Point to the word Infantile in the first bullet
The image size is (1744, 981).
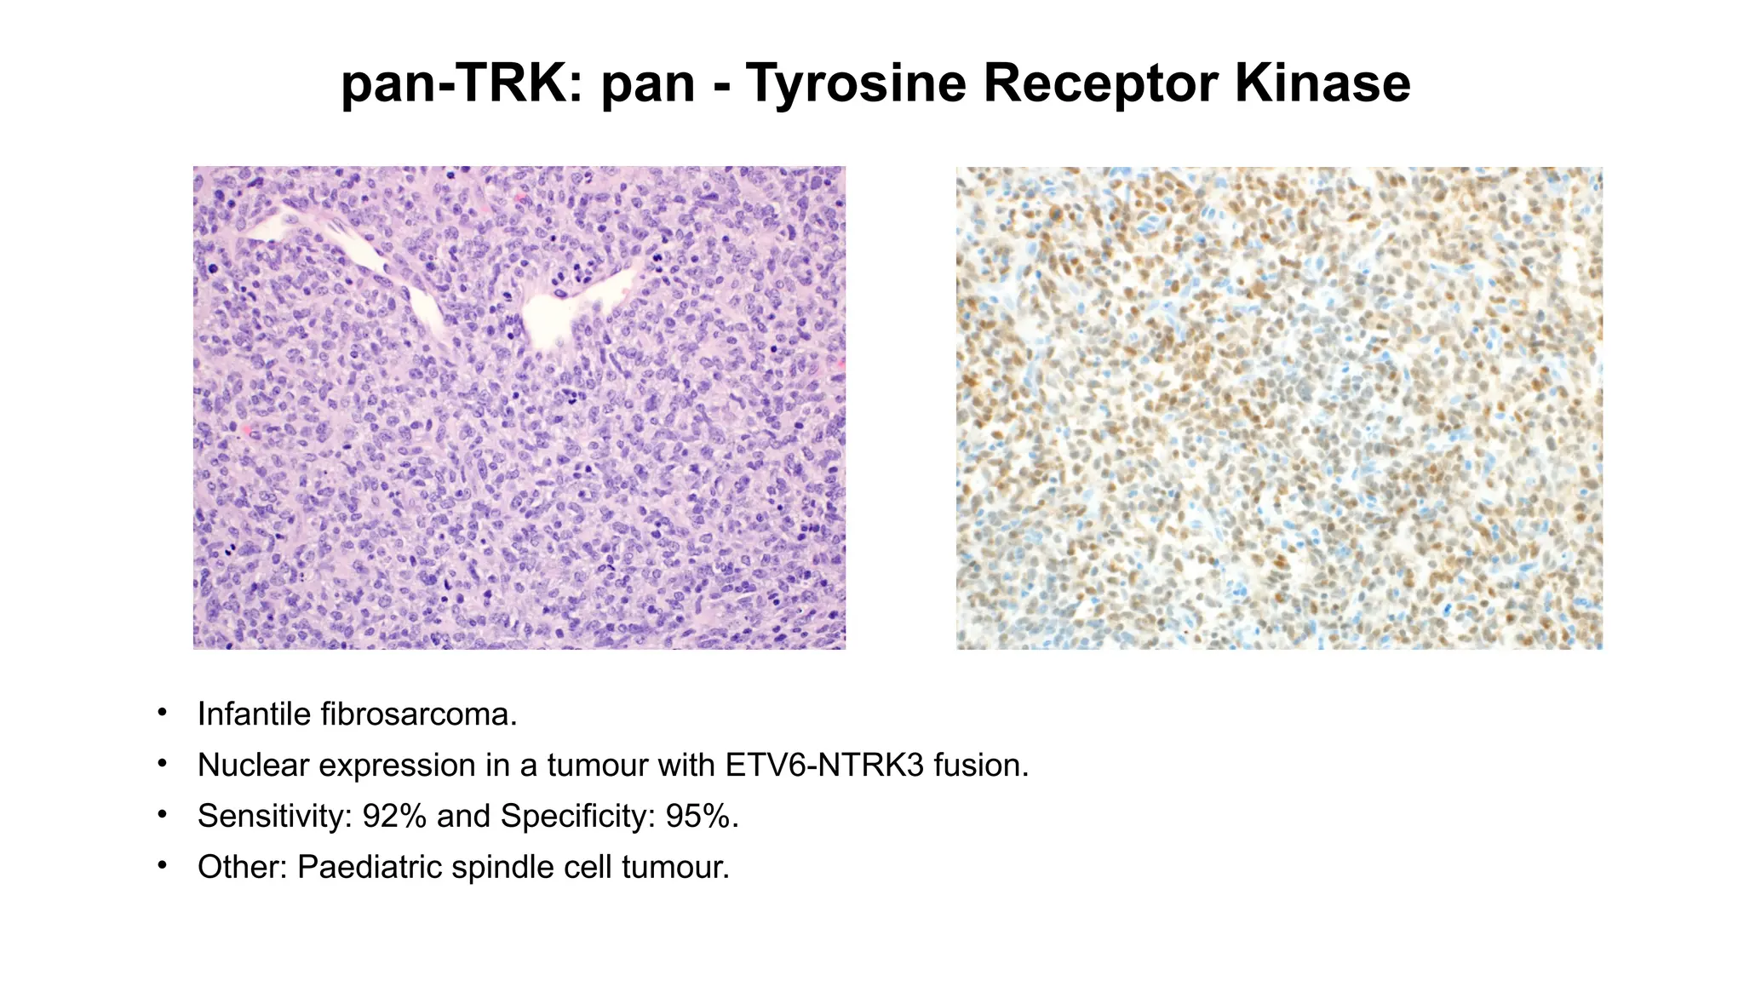(254, 714)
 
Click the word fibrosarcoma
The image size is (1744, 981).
(418, 714)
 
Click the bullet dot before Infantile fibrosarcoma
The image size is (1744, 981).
(162, 713)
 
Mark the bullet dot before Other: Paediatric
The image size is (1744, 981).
(162, 866)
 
